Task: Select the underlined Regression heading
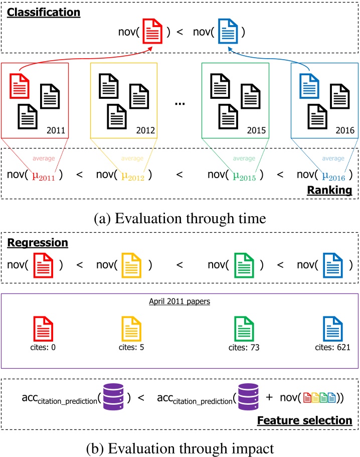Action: pyautogui.click(x=38, y=243)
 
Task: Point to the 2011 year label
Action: pyautogui.click(x=56, y=130)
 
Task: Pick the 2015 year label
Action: pyautogui.click(x=257, y=130)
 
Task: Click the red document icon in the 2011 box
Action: pyautogui.click(x=20, y=86)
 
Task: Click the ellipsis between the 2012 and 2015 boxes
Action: pyautogui.click(x=179, y=103)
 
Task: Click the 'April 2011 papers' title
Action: pyautogui.click(x=180, y=302)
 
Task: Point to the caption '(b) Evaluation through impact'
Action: pyautogui.click(x=179, y=444)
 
